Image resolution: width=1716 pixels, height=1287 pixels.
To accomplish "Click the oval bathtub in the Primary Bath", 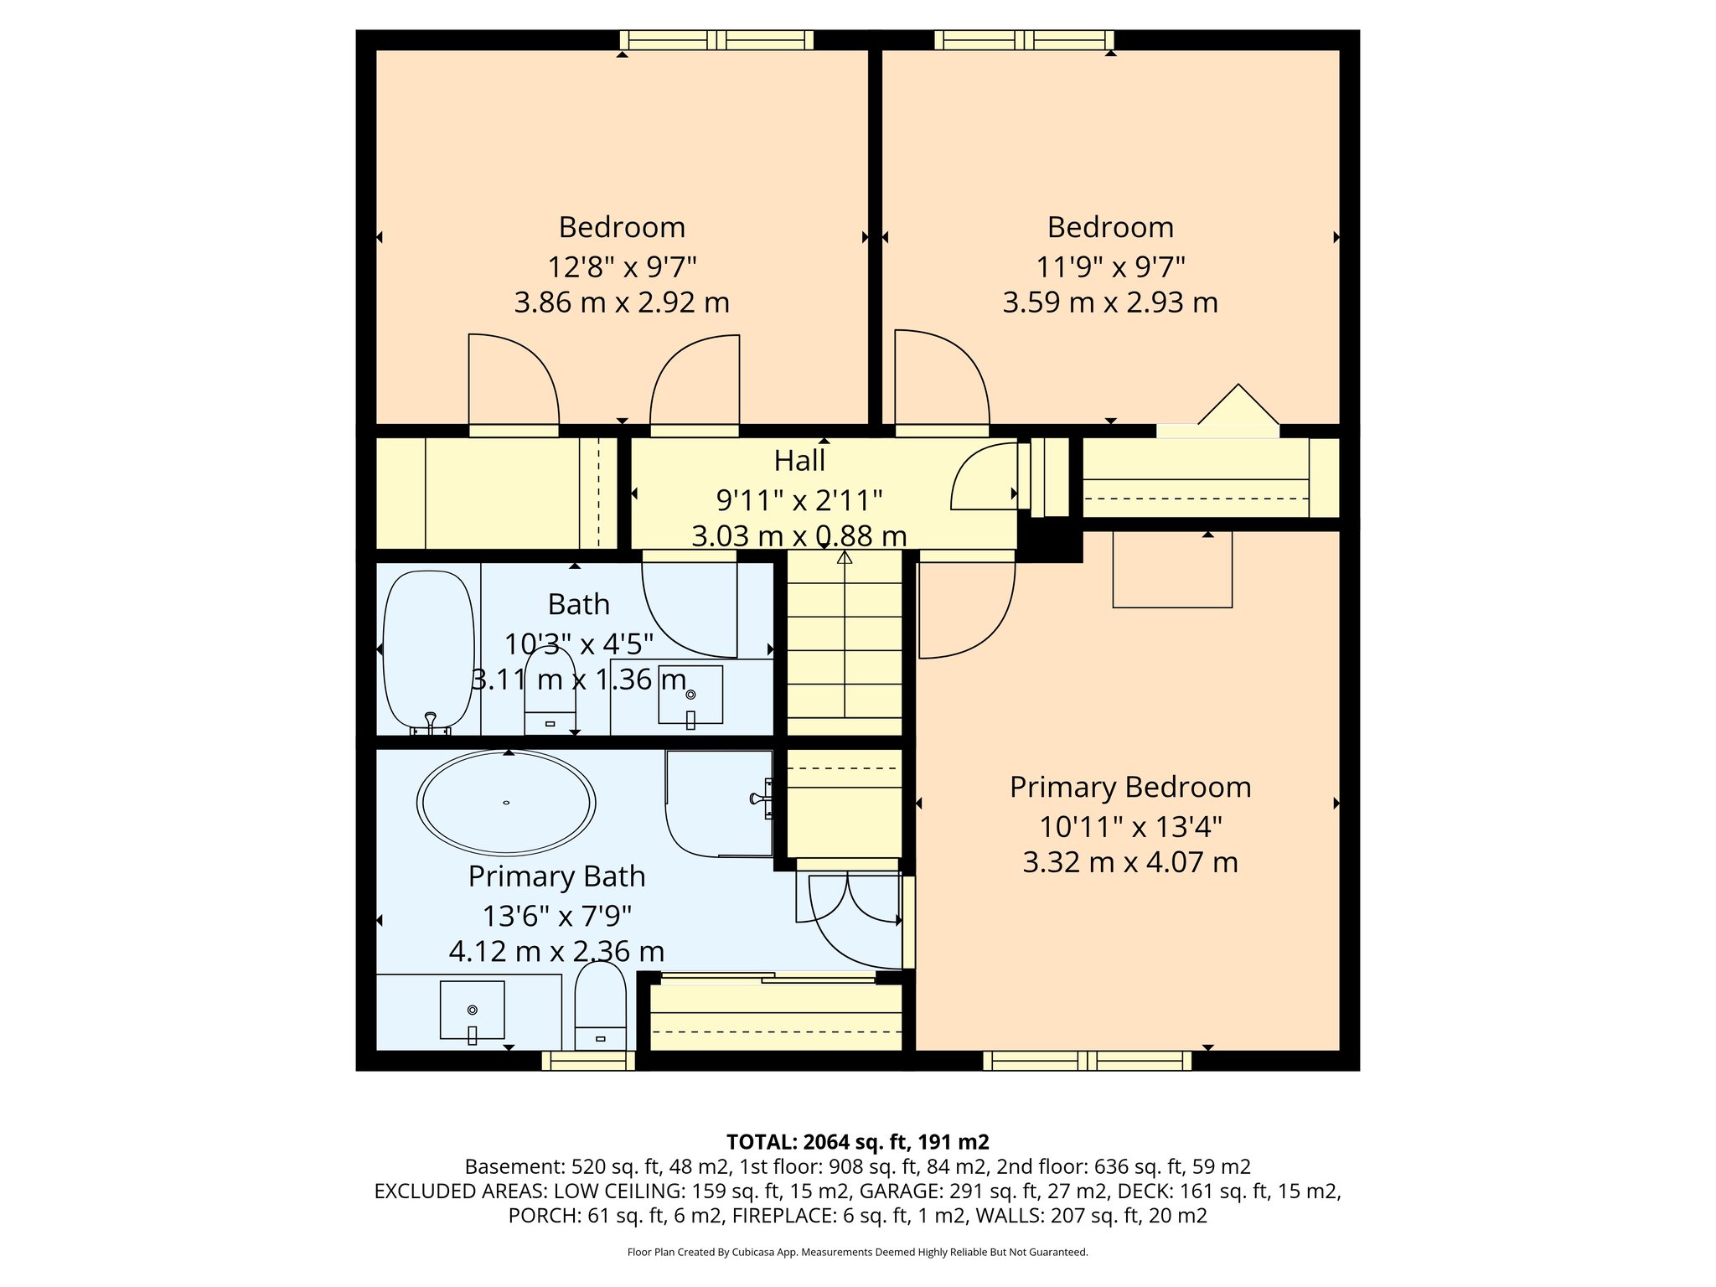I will [506, 803].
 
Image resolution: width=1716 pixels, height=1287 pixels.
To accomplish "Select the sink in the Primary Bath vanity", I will [473, 1010].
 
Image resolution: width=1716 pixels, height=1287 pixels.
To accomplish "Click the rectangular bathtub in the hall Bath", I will [428, 649].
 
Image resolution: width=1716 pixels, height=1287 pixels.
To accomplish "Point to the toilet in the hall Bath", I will [550, 692].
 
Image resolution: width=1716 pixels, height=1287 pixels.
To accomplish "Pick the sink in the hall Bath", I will [690, 695].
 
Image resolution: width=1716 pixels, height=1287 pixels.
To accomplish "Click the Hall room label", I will [799, 461].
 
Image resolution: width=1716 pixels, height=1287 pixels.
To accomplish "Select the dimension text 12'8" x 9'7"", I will [622, 267].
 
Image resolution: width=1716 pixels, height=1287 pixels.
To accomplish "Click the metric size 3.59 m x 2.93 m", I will [1110, 302].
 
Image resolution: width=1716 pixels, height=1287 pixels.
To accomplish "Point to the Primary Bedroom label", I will [1130, 788].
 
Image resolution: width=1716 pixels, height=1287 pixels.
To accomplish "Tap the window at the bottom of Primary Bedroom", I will [1087, 1061].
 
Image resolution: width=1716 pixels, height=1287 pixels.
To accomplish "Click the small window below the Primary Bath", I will [588, 1061].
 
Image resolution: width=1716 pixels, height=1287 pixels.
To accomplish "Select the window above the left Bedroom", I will [716, 40].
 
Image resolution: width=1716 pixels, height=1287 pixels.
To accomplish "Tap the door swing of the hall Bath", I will [689, 608].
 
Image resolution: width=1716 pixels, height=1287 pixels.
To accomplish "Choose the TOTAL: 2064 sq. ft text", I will [857, 1142].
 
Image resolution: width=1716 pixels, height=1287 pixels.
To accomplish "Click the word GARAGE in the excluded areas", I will [891, 1191].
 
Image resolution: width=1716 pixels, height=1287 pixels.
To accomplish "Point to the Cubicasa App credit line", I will [857, 1253].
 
